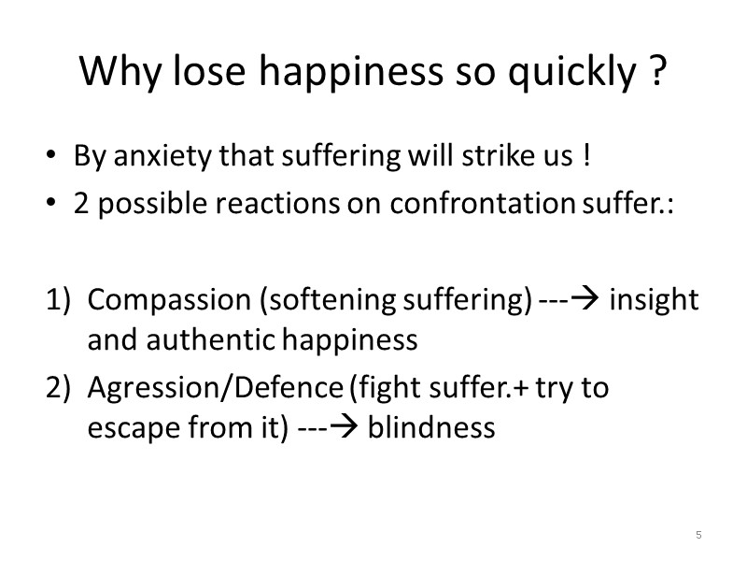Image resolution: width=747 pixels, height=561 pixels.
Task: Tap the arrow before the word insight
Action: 588,300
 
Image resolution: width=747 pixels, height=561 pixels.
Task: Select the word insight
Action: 653,300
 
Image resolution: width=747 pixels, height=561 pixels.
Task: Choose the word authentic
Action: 205,340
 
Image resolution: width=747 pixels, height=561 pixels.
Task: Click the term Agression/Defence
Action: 215,387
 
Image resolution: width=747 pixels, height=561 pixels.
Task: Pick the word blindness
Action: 431,427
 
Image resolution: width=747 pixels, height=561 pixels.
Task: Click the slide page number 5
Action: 698,535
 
